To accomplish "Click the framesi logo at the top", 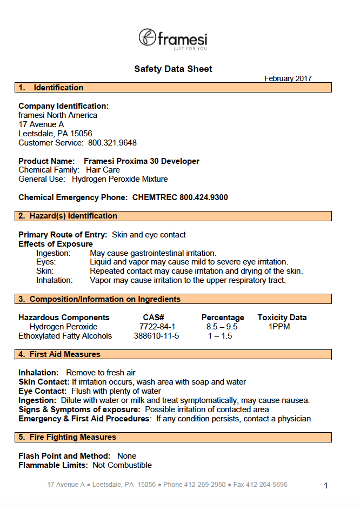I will pos(173,39).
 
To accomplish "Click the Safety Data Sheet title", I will pos(173,69).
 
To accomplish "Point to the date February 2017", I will pos(288,78).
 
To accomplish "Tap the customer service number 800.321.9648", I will pos(112,143).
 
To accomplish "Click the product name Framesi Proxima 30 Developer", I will pos(142,161).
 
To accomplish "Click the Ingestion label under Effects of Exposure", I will pos(53,253).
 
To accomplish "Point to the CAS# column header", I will pos(154,318).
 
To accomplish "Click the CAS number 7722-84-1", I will pos(157,327).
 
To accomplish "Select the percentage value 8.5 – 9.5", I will pos(222,327).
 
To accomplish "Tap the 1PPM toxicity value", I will pos(279,327).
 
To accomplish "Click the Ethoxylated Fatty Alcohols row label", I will pos(65,336).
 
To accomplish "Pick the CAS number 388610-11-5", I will pos(156,336).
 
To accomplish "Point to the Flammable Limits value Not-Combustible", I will pos(122,465).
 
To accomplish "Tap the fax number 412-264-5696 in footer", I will pos(266,485).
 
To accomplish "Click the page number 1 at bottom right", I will pos(326,486).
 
